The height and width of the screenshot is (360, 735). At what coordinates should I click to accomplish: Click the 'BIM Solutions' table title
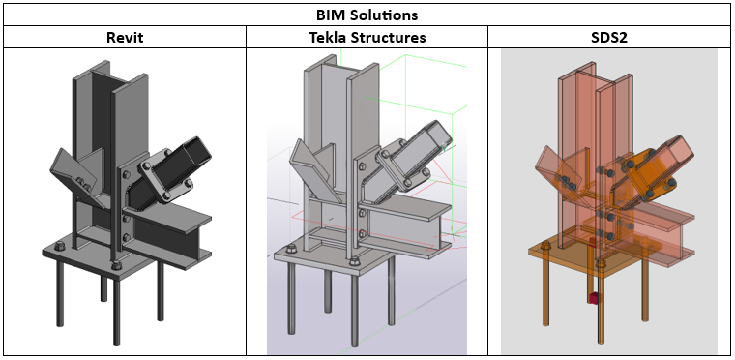(x=367, y=15)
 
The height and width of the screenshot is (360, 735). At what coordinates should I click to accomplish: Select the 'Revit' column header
(x=125, y=37)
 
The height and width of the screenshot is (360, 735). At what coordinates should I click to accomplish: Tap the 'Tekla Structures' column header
(x=367, y=37)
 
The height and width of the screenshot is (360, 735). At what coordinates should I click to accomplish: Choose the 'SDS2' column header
(x=609, y=37)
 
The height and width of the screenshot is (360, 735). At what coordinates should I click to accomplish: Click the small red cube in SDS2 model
(x=595, y=298)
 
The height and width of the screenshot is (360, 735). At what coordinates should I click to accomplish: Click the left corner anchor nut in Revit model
(x=59, y=246)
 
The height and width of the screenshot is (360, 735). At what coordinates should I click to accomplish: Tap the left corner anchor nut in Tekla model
(x=291, y=249)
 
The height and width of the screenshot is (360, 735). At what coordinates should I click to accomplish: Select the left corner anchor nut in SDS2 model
(x=545, y=245)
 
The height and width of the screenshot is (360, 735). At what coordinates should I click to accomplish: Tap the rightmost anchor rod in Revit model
(x=161, y=291)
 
